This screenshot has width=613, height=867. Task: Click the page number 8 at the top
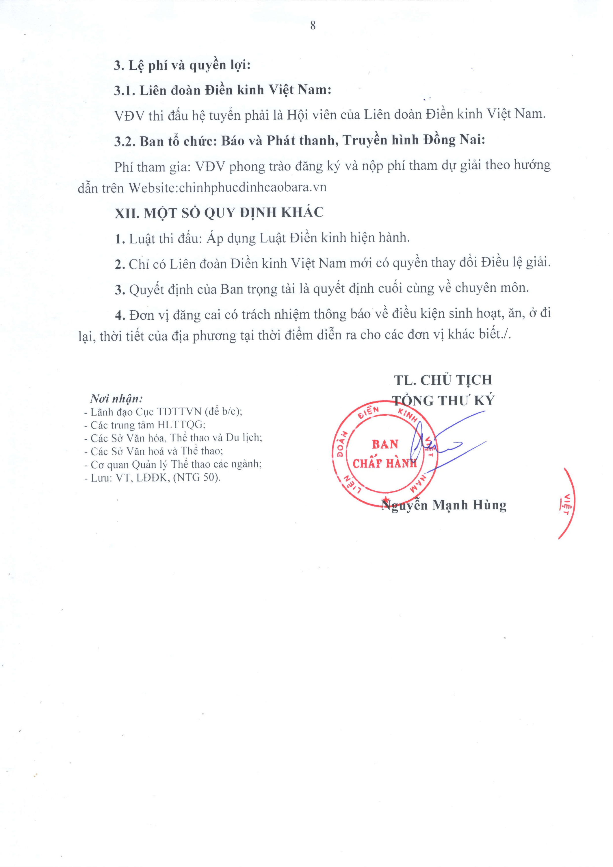[313, 26]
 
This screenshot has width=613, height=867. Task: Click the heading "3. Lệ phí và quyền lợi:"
[182, 65]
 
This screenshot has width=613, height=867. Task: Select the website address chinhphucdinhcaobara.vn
[252, 187]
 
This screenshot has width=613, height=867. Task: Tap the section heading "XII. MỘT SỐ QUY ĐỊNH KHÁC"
[219, 213]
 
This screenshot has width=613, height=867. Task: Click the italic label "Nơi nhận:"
[116, 398]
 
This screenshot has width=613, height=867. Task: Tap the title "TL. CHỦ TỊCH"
[443, 380]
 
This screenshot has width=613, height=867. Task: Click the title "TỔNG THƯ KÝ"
[443, 400]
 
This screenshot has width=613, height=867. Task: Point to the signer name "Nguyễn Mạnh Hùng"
[444, 505]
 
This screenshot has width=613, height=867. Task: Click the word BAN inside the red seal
[385, 444]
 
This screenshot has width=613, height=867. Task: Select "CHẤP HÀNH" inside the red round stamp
[384, 463]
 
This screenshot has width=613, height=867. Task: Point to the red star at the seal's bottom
[386, 500]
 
